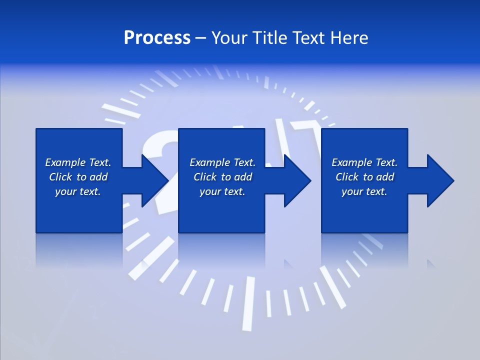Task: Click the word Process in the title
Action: pyautogui.click(x=157, y=38)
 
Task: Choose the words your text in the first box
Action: pyautogui.click(x=78, y=191)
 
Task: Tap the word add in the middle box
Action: pyautogui.click(x=243, y=177)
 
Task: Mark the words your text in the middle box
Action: pyautogui.click(x=222, y=191)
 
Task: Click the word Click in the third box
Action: pyautogui.click(x=347, y=177)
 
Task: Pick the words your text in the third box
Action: pyautogui.click(x=364, y=191)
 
